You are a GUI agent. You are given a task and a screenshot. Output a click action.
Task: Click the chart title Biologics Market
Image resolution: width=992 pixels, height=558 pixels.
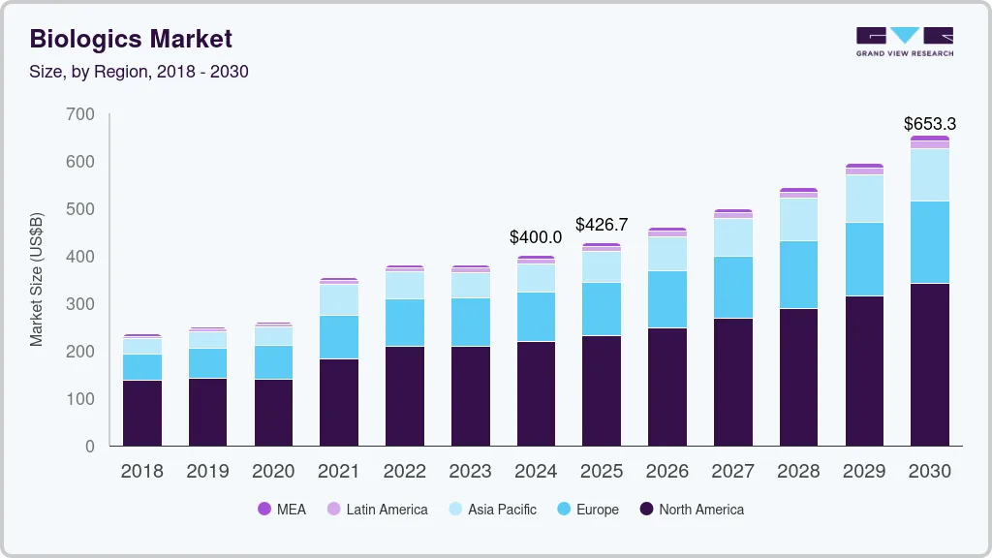coord(131,39)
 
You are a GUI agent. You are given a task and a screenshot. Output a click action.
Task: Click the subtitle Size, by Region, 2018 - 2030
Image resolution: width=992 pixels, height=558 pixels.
coord(139,72)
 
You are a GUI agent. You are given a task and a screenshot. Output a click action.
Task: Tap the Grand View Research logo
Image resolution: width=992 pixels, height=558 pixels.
coord(905,41)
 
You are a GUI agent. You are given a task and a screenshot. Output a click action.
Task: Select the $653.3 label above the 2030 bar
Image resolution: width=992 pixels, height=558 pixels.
coord(929,123)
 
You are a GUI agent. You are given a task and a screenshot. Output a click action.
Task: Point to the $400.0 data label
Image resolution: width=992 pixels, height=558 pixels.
coord(536,236)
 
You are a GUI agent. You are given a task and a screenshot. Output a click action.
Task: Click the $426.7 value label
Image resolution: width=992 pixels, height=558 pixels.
coord(602,225)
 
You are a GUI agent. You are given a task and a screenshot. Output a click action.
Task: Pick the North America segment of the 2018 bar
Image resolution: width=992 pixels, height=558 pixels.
coord(141,414)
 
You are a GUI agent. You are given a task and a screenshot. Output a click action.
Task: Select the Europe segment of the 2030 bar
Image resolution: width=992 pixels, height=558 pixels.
coord(930,242)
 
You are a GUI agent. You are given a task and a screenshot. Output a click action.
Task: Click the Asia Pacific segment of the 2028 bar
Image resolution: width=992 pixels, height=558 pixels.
coord(798,219)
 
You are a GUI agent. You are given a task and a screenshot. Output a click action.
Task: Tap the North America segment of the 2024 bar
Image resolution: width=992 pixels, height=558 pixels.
coord(536,393)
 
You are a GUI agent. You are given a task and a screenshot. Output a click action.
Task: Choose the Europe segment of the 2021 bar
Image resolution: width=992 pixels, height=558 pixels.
coord(339,337)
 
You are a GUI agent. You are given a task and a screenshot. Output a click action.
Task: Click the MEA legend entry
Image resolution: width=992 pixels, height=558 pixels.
coord(282,509)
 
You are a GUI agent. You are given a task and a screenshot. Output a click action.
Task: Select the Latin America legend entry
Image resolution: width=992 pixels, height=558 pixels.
coord(377,509)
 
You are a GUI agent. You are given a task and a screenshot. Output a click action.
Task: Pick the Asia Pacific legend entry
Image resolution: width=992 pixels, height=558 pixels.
coord(492,509)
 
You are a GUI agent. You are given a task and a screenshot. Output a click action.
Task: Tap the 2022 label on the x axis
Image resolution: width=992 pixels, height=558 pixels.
coord(404,472)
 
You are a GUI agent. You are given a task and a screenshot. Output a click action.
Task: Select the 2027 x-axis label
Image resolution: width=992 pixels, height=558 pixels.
coord(732,472)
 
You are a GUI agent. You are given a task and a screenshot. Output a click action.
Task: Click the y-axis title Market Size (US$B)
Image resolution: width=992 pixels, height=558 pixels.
coord(37,278)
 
